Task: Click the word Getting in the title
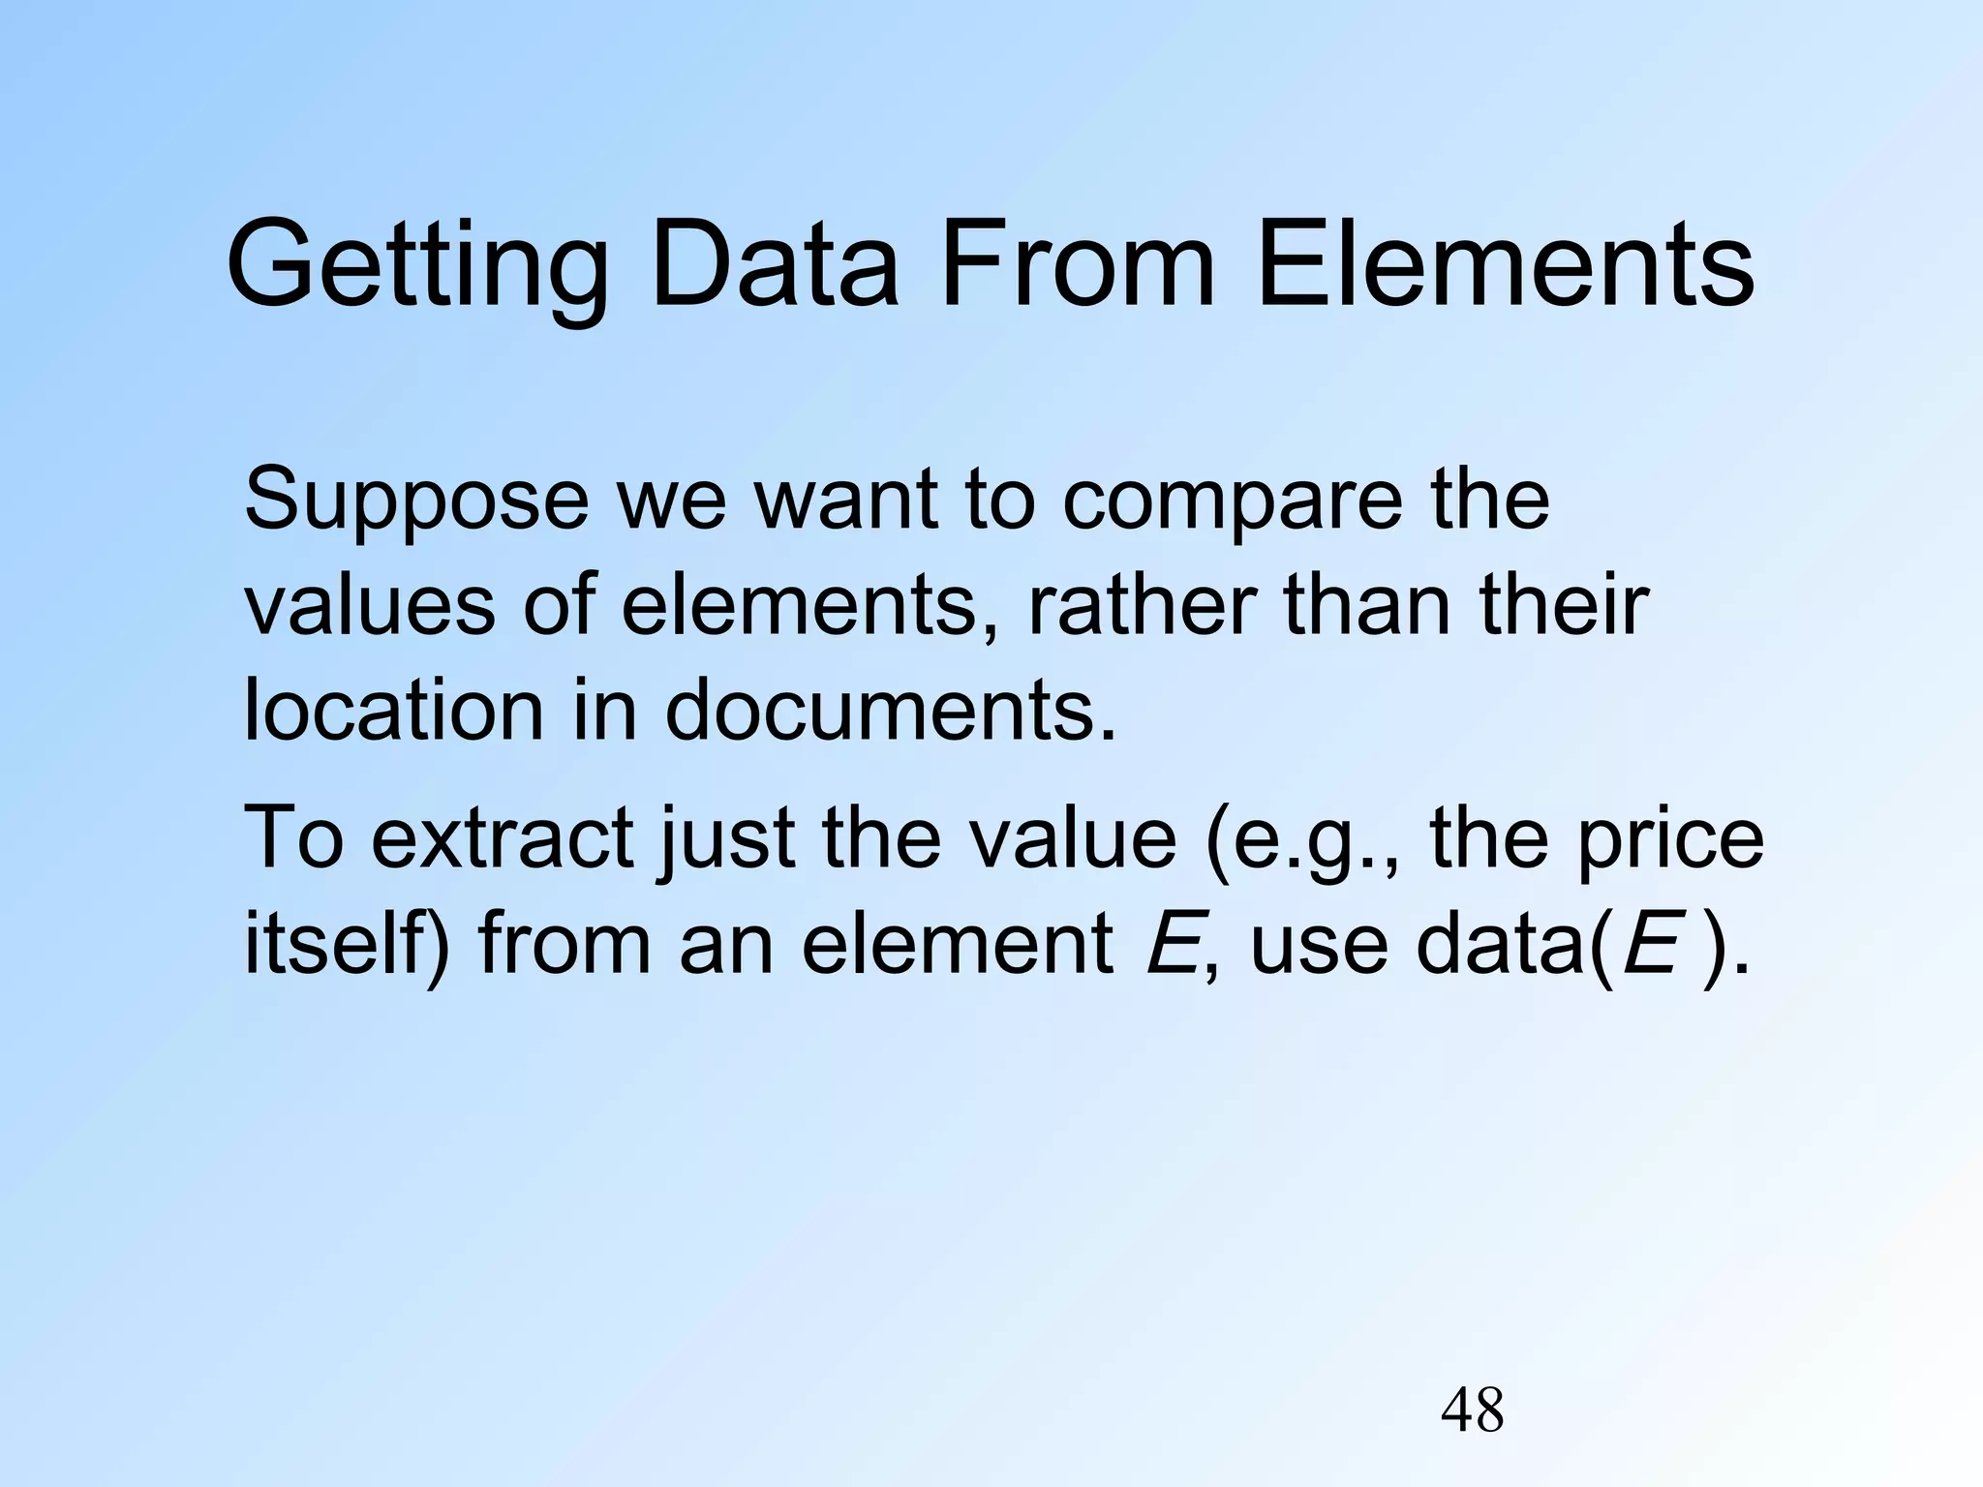(x=417, y=266)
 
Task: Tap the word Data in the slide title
(x=775, y=266)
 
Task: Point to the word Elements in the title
(x=1505, y=266)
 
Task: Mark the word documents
(x=890, y=711)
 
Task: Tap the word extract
(x=503, y=838)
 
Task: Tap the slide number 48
(x=1472, y=1411)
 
